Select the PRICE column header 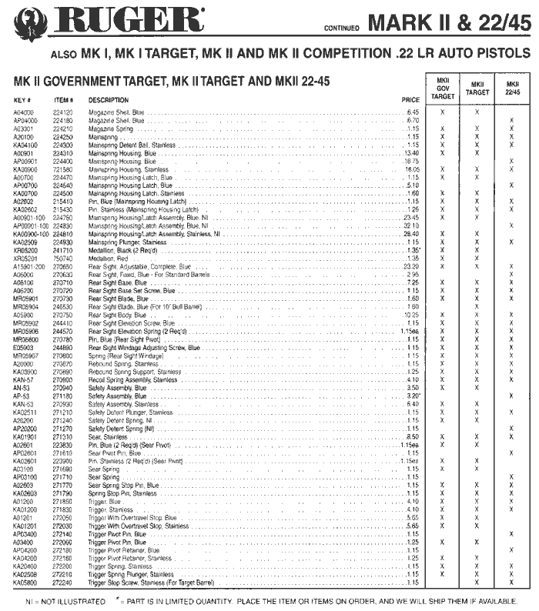[x=410, y=100]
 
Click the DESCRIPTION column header [x=109, y=100]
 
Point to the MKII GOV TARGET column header [x=442, y=88]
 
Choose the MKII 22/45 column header [x=512, y=88]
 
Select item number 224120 [x=62, y=112]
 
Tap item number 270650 [x=62, y=266]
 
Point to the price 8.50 [x=412, y=436]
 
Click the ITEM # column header [x=63, y=100]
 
